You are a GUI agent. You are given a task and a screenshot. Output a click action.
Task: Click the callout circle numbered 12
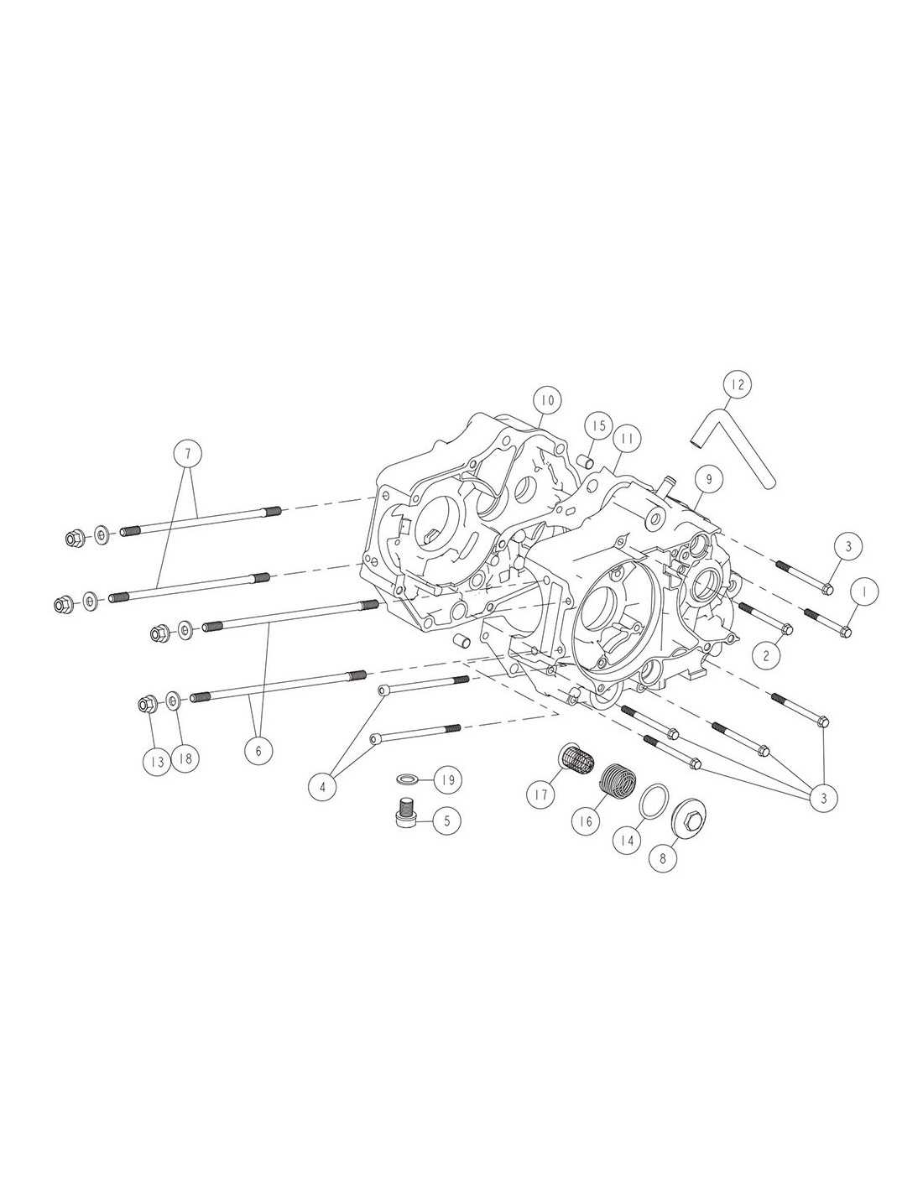pyautogui.click(x=738, y=385)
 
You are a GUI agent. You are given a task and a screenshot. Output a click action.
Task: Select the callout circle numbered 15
pyautogui.click(x=598, y=425)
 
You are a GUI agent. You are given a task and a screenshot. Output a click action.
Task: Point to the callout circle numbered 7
pyautogui.click(x=188, y=454)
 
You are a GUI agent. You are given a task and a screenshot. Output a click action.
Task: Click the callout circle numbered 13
pyautogui.click(x=158, y=761)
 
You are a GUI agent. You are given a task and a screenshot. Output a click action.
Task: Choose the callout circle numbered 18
pyautogui.click(x=185, y=758)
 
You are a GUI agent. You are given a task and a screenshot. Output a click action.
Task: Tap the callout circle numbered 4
pyautogui.click(x=323, y=787)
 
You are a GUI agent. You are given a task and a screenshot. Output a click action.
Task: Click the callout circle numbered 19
pyautogui.click(x=448, y=779)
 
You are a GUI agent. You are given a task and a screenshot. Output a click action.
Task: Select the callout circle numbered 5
pyautogui.click(x=447, y=821)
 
